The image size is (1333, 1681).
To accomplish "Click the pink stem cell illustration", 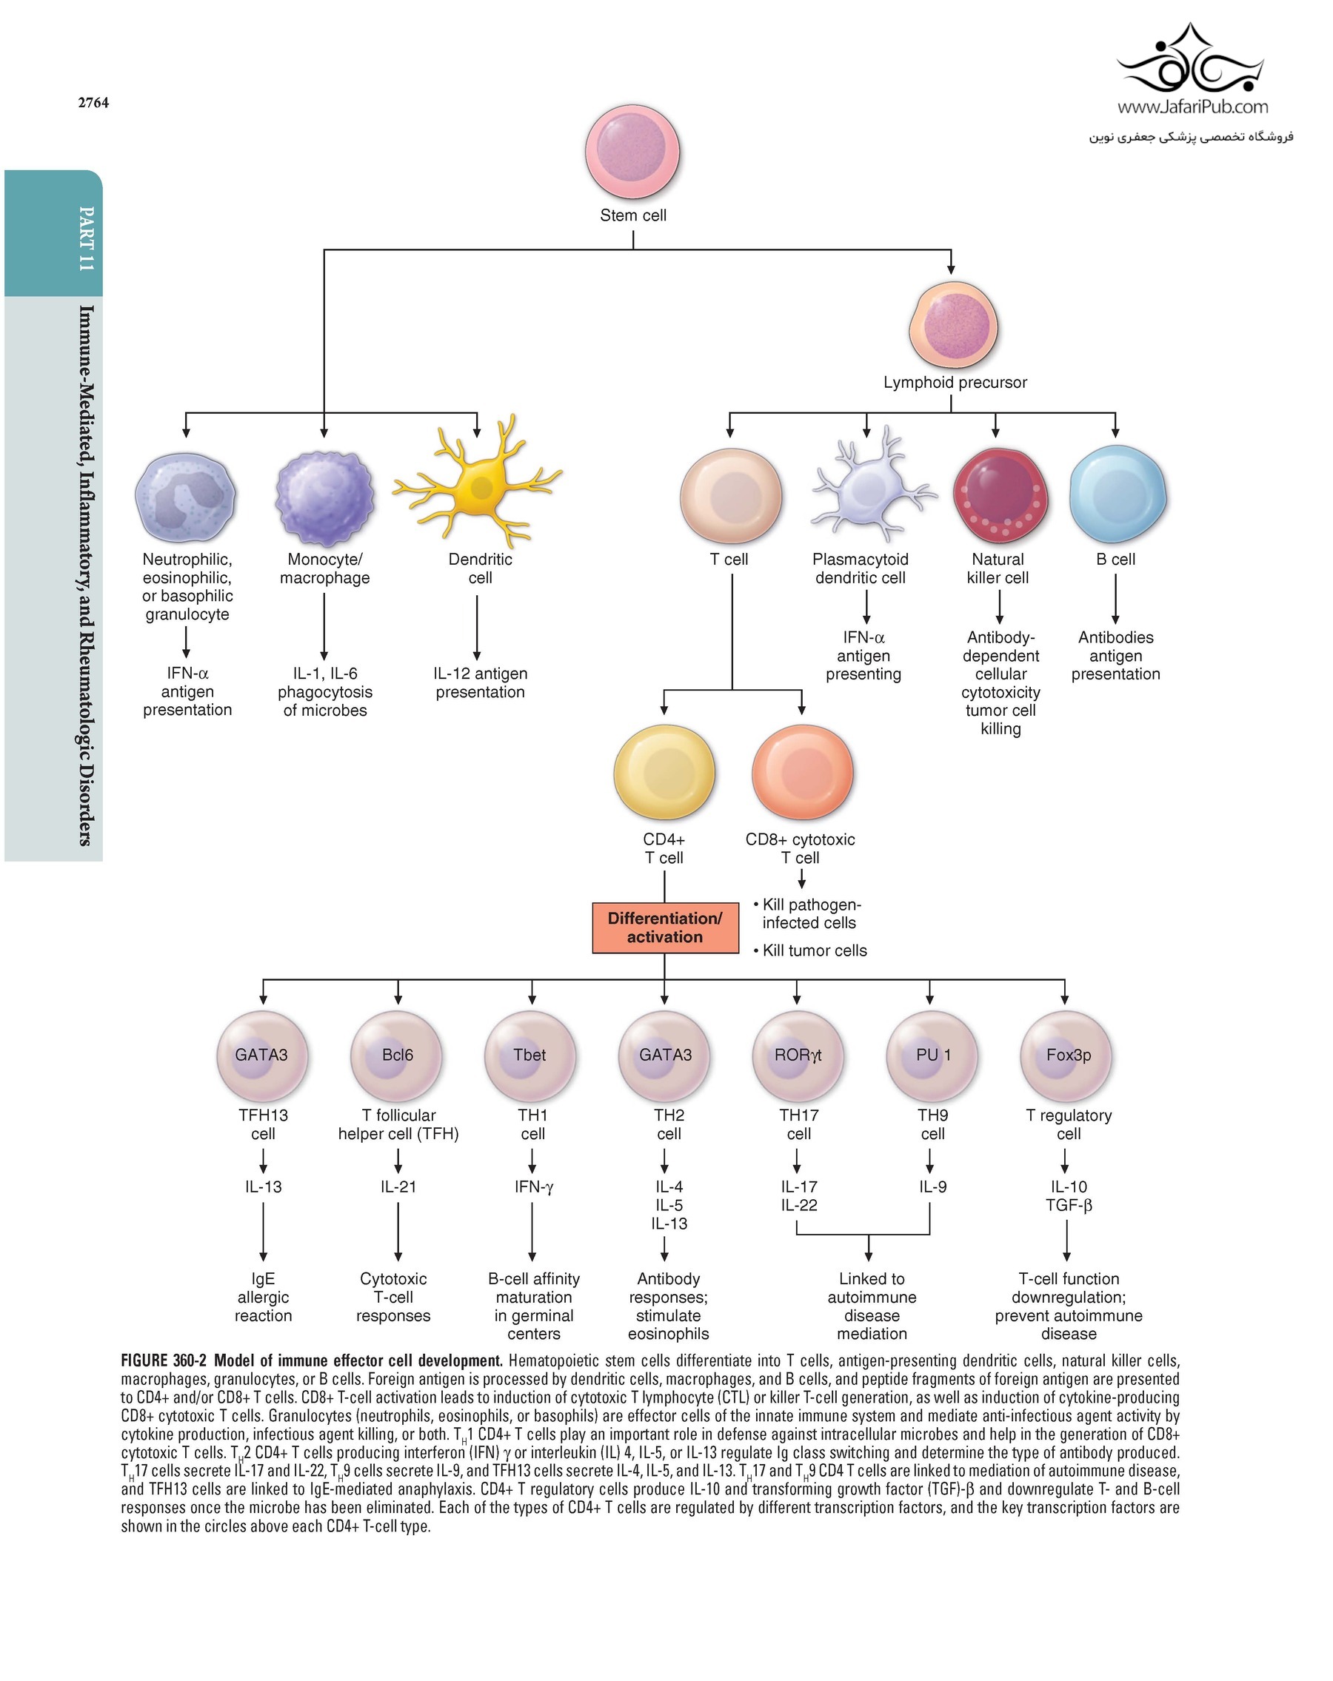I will pos(632,151).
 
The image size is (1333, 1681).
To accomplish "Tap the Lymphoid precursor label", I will pos(954,382).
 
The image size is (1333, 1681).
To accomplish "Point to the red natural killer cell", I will pos(999,494).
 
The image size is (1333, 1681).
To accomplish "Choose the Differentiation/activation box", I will pos(664,927).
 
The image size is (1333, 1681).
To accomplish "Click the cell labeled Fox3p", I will pos(1066,1056).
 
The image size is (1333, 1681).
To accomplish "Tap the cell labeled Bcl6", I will pos(396,1056).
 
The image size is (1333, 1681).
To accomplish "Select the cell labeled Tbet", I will pos(529,1056).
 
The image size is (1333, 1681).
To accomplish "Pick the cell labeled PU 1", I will pos(932,1056).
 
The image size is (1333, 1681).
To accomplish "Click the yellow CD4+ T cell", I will pos(664,771).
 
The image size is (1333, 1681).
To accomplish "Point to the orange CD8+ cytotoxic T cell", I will pos(802,771).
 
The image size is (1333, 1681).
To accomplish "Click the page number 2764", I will pos(93,103).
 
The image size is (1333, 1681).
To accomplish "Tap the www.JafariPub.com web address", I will pos(1192,107).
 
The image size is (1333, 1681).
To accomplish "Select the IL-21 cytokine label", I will pos(398,1186).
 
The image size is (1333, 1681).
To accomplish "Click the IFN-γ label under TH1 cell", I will pos(532,1186).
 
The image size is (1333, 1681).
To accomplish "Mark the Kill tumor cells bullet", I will pos(811,950).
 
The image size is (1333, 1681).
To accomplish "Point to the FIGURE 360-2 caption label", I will pos(163,1360).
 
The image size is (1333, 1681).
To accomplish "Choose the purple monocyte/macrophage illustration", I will pos(324,497).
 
